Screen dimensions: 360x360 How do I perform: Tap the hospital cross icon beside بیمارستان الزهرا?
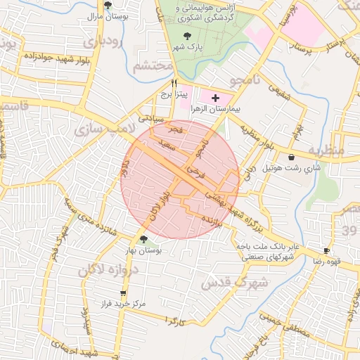(x=215, y=97)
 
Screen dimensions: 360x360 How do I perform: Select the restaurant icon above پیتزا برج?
(x=164, y=82)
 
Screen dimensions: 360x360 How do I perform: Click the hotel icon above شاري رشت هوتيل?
(x=290, y=157)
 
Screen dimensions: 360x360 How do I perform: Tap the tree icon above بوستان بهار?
(x=143, y=240)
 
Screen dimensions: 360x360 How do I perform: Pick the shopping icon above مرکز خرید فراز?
(x=124, y=293)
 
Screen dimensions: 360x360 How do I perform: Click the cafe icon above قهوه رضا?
(x=326, y=251)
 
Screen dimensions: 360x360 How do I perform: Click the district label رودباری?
(x=103, y=42)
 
